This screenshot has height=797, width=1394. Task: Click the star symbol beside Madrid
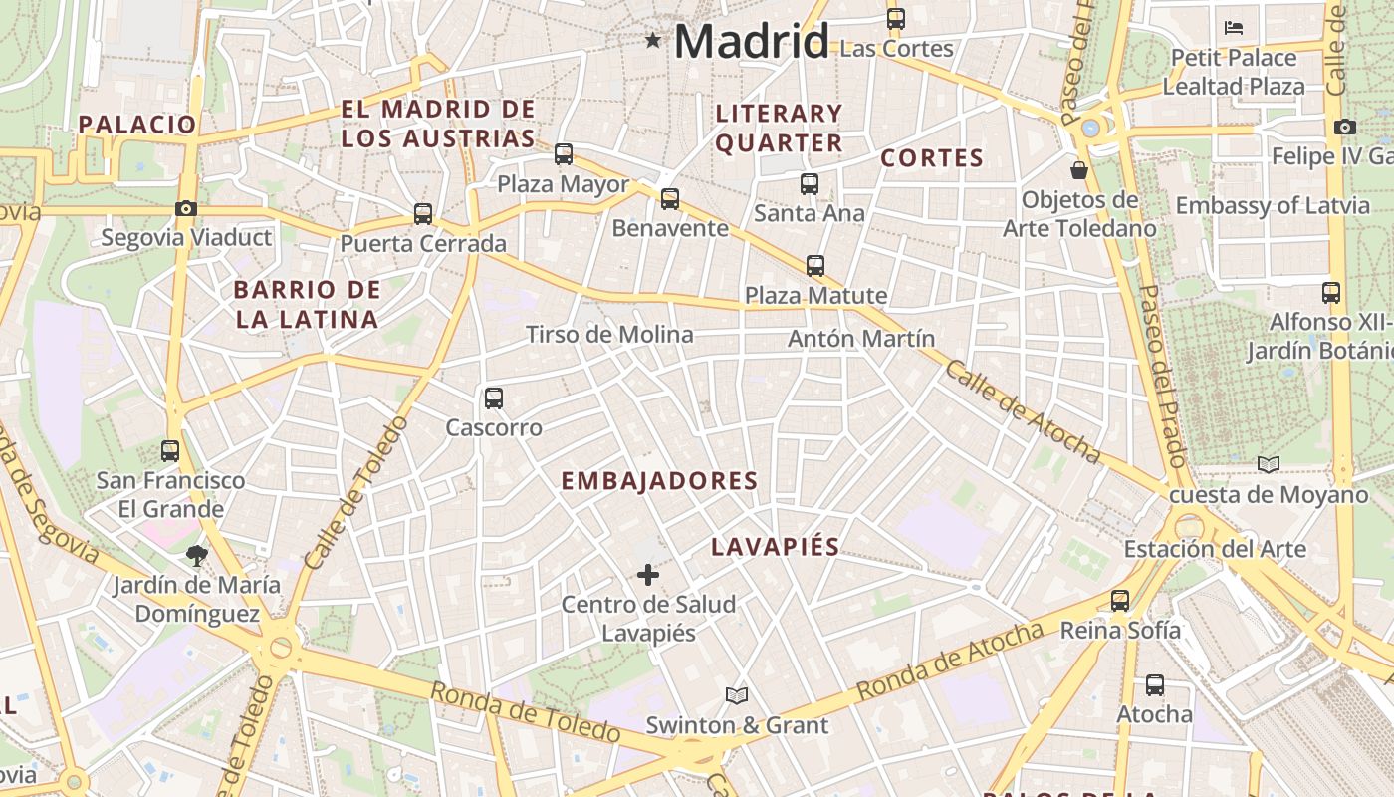tap(652, 41)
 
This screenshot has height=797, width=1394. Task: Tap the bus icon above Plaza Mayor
tap(564, 154)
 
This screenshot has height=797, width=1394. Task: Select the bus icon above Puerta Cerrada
tap(423, 214)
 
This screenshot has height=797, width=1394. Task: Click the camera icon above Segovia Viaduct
tap(185, 209)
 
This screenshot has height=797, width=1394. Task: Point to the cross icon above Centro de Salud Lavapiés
tap(648, 575)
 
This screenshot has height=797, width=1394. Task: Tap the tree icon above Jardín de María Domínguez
tap(196, 555)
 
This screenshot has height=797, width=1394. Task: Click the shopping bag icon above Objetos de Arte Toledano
tap(1078, 170)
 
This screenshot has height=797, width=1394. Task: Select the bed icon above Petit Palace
tap(1234, 28)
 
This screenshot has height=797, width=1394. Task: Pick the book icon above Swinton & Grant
tap(737, 695)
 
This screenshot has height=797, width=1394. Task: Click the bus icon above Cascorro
tap(493, 398)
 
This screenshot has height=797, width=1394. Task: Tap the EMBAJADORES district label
tap(659, 481)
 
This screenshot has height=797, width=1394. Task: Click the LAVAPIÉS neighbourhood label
tap(776, 547)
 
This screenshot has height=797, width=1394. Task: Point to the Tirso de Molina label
tap(609, 335)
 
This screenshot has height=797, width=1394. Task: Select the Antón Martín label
tap(861, 339)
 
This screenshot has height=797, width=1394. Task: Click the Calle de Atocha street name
tap(1022, 411)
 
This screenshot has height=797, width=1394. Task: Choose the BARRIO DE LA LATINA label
tap(307, 305)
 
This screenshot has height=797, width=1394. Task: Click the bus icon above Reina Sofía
tap(1120, 601)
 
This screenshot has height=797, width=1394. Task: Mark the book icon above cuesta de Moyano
tap(1268, 464)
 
